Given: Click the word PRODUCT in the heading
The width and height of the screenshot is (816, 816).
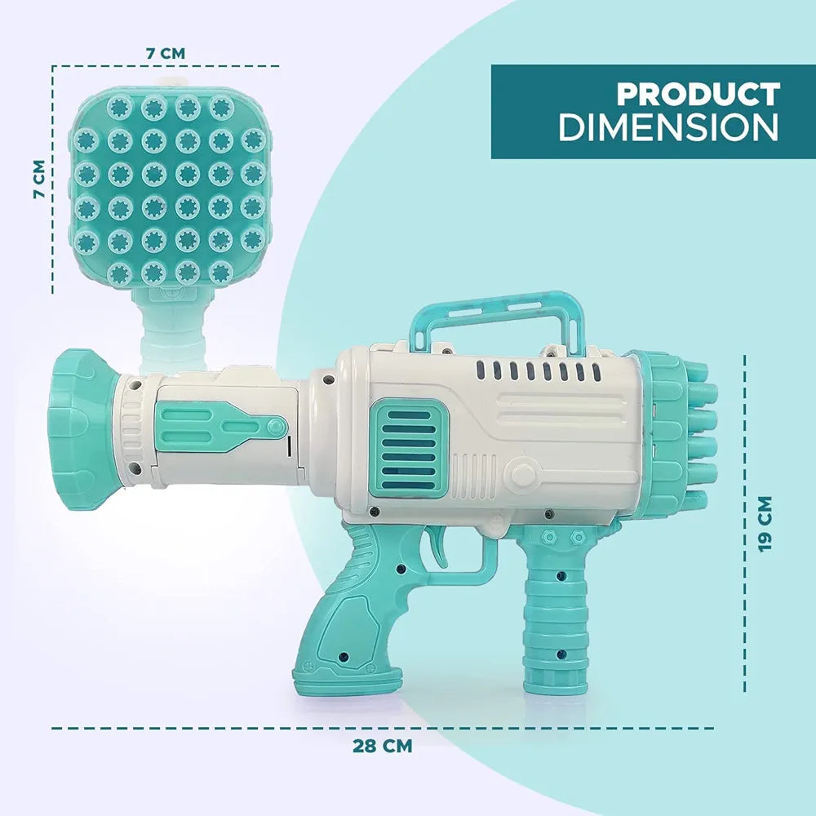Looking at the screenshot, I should point(698,95).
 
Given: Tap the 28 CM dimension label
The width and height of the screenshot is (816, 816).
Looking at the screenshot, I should point(382,745).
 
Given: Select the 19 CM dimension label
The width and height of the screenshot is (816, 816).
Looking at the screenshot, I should point(765,523).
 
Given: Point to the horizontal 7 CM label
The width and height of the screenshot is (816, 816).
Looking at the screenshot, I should point(166,52).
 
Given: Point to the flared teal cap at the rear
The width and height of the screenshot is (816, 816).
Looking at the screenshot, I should point(78,419).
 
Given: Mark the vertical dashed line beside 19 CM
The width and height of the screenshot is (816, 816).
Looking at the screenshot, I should point(744,522).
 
